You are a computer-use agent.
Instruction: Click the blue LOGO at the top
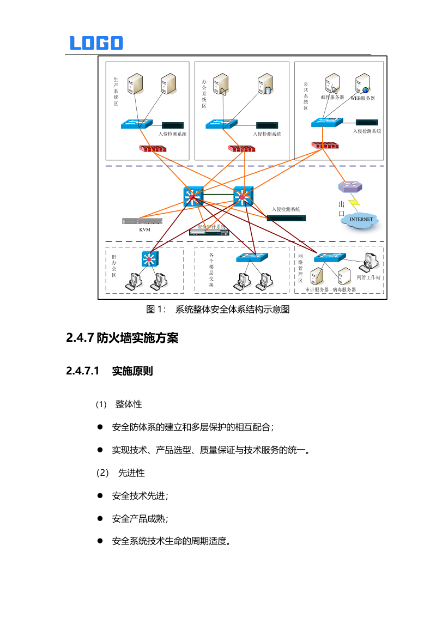[x=96, y=43]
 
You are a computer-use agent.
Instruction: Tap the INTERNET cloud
[x=361, y=220]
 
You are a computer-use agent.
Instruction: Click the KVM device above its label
[x=142, y=221]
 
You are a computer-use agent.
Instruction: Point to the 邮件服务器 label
[x=332, y=98]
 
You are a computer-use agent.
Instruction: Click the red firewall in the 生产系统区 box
[x=153, y=148]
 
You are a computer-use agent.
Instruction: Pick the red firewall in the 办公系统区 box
[x=241, y=148]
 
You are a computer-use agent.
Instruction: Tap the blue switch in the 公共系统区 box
[x=328, y=123]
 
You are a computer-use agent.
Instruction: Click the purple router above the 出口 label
[x=349, y=187]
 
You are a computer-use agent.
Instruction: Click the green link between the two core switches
[x=219, y=195]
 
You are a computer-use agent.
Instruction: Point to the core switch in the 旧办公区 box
[x=149, y=258]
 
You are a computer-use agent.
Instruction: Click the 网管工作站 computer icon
[x=369, y=262]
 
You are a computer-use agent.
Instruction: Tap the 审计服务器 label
[x=317, y=290]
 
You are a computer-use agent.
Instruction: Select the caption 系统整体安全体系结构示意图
[x=232, y=310]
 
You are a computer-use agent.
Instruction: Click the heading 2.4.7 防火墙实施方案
[x=123, y=338]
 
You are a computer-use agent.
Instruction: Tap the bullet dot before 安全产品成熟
[x=100, y=518]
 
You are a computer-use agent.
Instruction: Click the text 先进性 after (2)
[x=131, y=473]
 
